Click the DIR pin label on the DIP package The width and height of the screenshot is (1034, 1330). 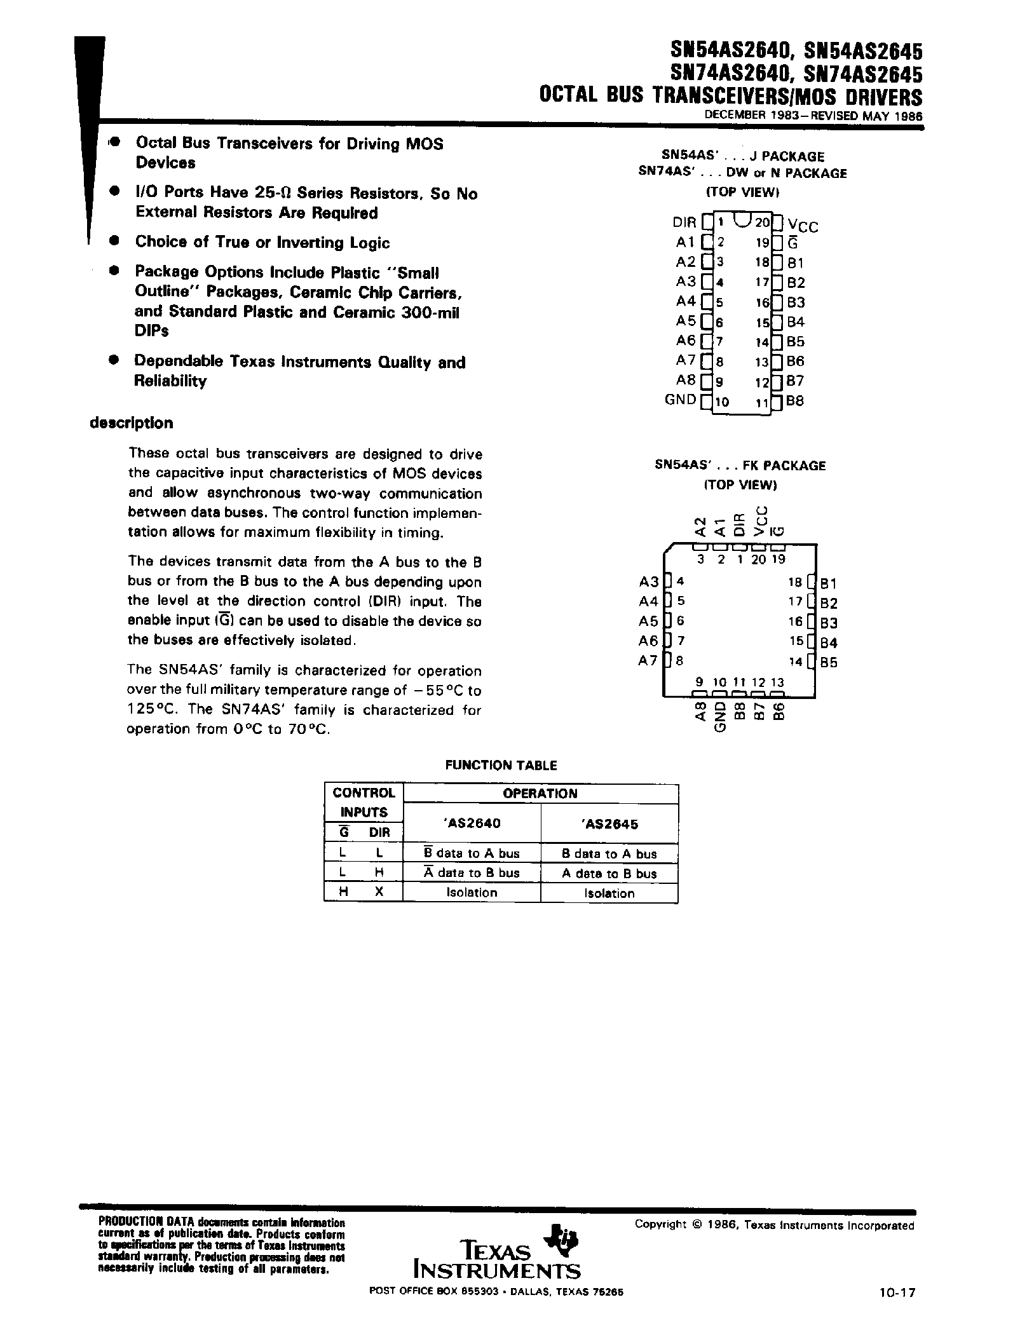pos(684,223)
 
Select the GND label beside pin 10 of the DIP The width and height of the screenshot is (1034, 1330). pos(680,400)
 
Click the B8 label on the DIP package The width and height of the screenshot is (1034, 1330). pos(795,402)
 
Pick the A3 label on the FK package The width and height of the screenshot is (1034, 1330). pos(648,581)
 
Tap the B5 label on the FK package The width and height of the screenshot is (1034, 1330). pos(829,662)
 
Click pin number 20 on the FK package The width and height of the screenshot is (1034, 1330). pos(758,560)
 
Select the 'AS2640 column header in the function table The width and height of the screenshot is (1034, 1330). pos(471,823)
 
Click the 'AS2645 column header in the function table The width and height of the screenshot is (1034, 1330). pos(609,824)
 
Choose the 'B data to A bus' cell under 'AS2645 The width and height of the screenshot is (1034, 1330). pos(609,854)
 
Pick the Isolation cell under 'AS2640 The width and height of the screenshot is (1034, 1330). pos(471,893)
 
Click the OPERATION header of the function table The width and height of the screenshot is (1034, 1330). pos(540,794)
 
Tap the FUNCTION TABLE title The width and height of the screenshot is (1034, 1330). pos(501,766)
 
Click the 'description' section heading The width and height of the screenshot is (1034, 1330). pos(132,423)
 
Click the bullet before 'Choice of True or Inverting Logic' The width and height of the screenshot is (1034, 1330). pos(114,241)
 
